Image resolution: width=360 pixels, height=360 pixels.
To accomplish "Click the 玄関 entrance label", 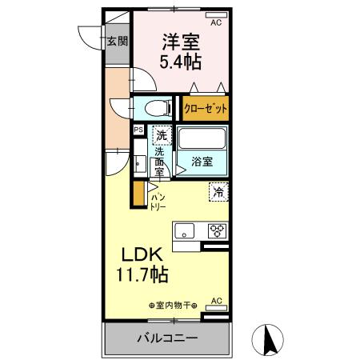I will point(118,42).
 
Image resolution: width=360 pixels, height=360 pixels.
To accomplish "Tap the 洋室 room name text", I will point(182,40).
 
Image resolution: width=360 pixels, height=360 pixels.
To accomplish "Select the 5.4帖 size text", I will point(182,61).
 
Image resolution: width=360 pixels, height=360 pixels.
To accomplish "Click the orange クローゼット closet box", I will point(206,108).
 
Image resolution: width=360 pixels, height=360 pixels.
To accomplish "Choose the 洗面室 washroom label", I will point(159,161).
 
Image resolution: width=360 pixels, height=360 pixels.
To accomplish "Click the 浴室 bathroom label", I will point(202,162).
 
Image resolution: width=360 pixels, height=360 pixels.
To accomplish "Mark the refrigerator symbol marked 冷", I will point(218,191).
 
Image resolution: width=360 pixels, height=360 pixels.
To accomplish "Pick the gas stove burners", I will point(216,232).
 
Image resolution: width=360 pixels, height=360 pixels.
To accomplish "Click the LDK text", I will point(142,254).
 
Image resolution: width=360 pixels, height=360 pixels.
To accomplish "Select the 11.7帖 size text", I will point(142,275).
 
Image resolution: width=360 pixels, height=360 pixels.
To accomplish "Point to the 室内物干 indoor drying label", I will point(172,305).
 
